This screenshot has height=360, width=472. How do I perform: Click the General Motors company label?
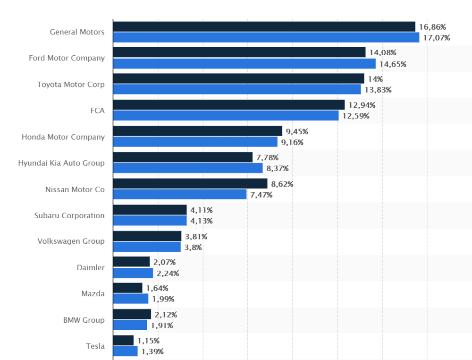(x=77, y=32)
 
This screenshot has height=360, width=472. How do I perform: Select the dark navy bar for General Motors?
(x=264, y=26)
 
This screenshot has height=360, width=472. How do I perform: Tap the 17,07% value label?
(x=437, y=38)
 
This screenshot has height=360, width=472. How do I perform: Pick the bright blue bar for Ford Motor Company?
(x=244, y=64)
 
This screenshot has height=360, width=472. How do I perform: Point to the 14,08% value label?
(x=383, y=52)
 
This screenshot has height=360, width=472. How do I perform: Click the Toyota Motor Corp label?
(x=71, y=85)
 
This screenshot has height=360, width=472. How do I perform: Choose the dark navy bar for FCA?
(x=229, y=105)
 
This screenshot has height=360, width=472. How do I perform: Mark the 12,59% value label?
(x=356, y=116)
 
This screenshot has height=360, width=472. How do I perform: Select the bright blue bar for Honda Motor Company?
(x=195, y=142)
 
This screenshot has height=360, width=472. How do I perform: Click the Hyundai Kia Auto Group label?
(x=61, y=163)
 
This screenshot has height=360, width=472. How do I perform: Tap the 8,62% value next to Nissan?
(x=282, y=184)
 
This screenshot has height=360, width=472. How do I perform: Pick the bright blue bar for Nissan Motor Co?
(x=180, y=194)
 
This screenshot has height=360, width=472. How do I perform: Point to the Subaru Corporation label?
(x=69, y=215)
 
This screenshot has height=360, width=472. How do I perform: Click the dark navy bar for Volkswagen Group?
(x=147, y=236)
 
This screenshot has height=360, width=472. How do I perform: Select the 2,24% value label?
(x=168, y=273)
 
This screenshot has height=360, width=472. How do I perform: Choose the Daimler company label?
(x=91, y=268)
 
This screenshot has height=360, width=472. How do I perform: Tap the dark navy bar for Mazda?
(x=127, y=288)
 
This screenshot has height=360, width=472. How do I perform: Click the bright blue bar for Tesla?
(x=125, y=351)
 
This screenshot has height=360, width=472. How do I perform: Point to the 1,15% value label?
(x=148, y=340)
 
